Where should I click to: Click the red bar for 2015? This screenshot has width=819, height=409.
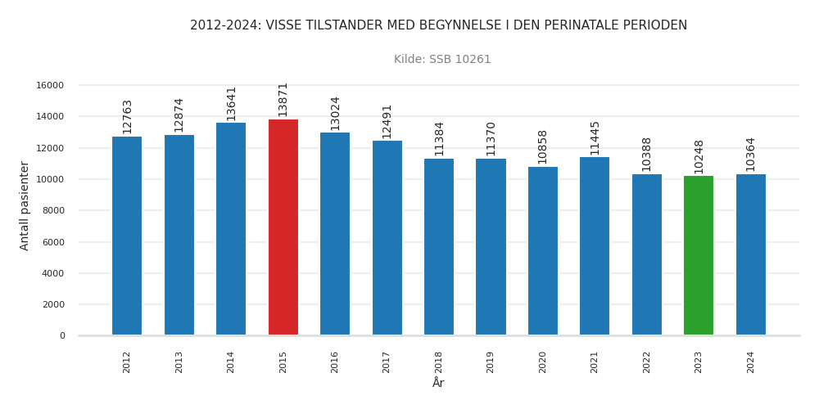[283, 227]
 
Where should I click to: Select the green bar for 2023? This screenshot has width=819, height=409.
[699, 255]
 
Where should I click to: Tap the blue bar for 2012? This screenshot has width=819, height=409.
[127, 236]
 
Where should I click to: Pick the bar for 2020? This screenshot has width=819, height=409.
[543, 251]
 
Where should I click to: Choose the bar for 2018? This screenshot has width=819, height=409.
[439, 247]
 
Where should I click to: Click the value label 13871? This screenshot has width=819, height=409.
[283, 99]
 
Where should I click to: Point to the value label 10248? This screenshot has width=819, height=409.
[699, 156]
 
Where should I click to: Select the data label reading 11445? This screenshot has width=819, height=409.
[595, 137]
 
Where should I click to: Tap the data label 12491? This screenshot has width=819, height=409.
[387, 121]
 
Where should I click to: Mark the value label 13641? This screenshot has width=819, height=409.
[231, 103]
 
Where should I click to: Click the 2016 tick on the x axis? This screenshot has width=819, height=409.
[335, 362]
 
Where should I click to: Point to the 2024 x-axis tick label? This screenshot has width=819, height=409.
[751, 362]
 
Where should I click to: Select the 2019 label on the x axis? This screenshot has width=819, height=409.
[491, 362]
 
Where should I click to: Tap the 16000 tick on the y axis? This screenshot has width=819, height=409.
[51, 85]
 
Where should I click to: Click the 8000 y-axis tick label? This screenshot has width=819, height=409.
[53, 210]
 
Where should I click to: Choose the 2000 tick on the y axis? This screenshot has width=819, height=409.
[53, 304]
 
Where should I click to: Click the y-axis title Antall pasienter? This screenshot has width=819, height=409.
[25, 205]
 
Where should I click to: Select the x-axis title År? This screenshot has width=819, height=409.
[438, 383]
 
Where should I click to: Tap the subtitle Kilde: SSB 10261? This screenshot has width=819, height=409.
[442, 60]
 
